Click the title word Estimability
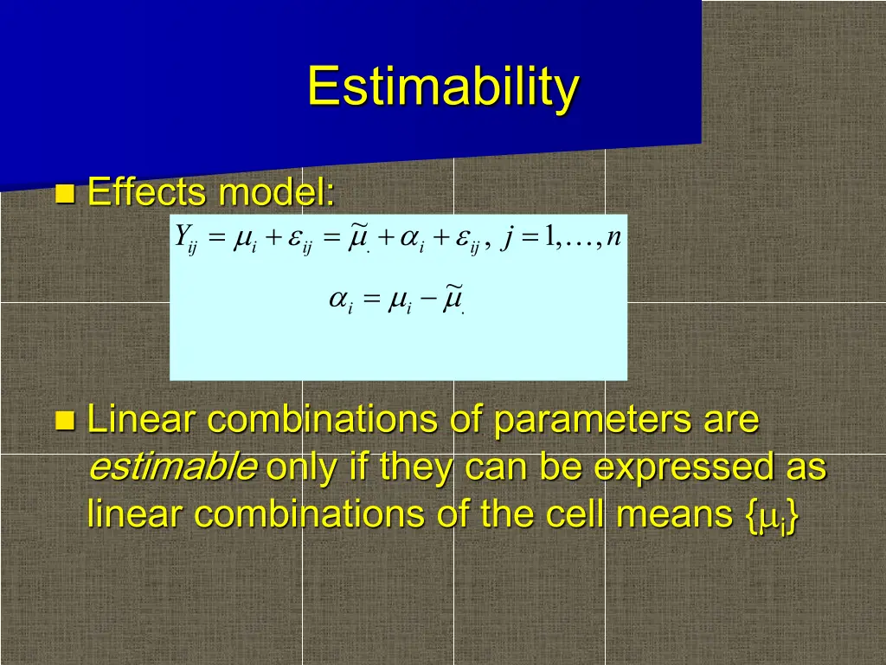[443, 87]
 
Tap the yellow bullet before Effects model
[65, 193]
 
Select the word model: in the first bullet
[277, 191]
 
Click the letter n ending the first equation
[613, 237]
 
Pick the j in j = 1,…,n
[507, 237]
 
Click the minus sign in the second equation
[428, 298]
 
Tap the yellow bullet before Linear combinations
[65, 421]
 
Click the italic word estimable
[173, 467]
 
